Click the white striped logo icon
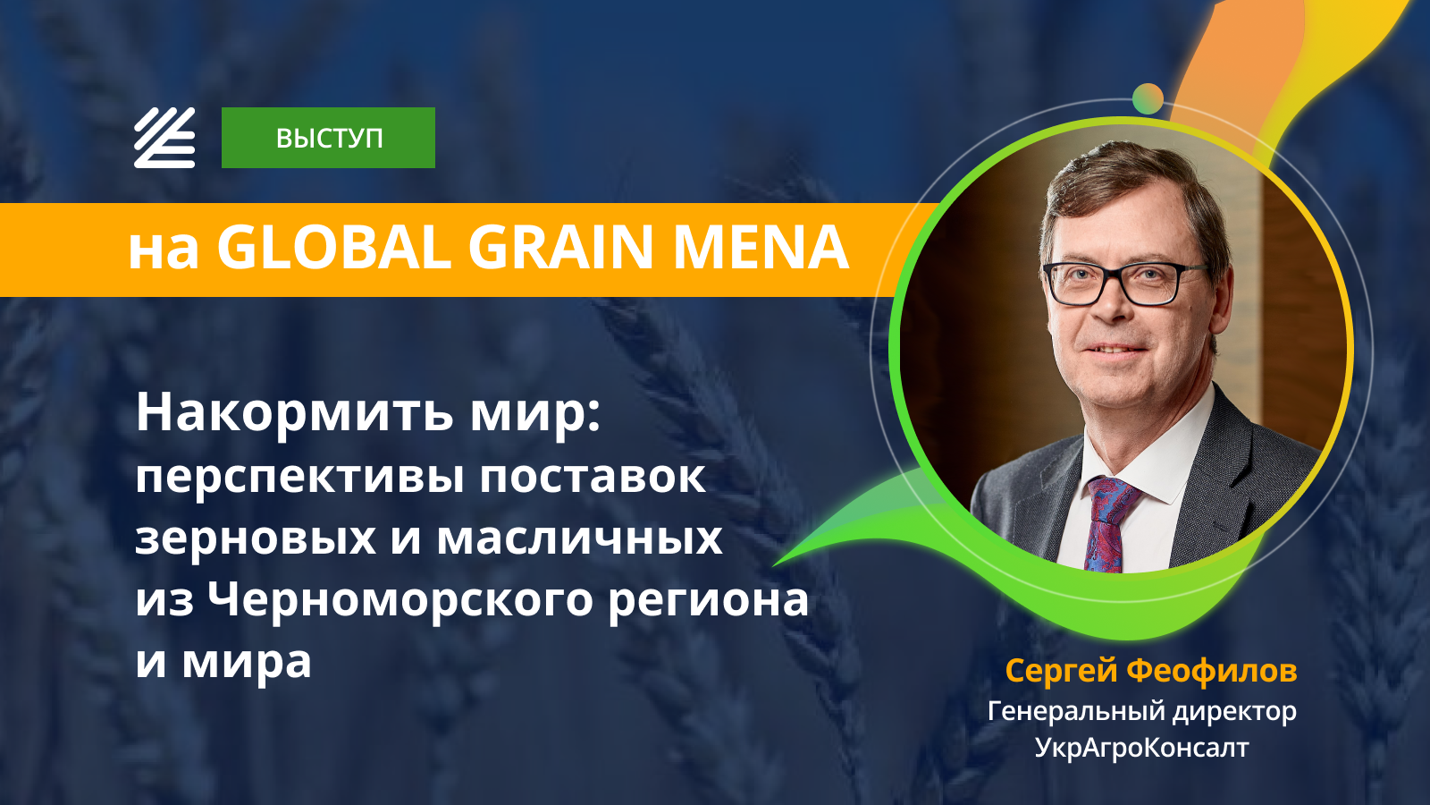(164, 138)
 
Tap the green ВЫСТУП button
(328, 138)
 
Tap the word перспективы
(299, 478)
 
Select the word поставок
(593, 477)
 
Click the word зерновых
(256, 538)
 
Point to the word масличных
(579, 538)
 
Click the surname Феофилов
(1212, 670)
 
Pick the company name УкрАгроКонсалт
(1141, 748)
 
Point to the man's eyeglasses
(1125, 283)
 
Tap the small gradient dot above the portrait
(1148, 99)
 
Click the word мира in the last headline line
(247, 663)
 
